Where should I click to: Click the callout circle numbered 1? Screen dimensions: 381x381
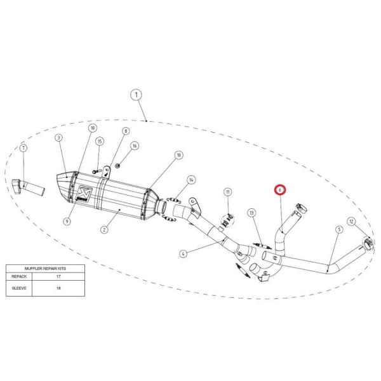coord(136,95)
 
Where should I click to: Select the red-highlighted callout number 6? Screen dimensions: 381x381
coord(280,190)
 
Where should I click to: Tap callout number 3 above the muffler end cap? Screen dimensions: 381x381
coord(58,138)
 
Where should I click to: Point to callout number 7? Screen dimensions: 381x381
coord(23,148)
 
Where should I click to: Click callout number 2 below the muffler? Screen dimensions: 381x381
coord(104,230)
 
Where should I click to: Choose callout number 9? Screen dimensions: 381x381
coord(67,222)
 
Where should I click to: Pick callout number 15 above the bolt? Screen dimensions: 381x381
coord(100,142)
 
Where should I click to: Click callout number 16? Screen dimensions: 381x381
coord(135,146)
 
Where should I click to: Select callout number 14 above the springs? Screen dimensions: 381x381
coord(192,180)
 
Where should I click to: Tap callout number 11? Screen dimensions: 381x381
coord(228,192)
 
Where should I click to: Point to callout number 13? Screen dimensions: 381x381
coord(251,213)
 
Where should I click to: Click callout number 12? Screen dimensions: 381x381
coord(351,222)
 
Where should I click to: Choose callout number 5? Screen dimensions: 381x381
coord(339,229)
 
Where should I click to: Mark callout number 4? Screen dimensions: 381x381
coord(184,254)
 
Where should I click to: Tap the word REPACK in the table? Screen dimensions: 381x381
coord(19,276)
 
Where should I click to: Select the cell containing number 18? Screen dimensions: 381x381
coord(58,288)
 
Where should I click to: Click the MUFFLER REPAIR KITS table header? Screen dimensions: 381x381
coord(45,269)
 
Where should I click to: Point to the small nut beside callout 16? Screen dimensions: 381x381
coord(117,166)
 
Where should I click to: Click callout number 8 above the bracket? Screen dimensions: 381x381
coord(126,131)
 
